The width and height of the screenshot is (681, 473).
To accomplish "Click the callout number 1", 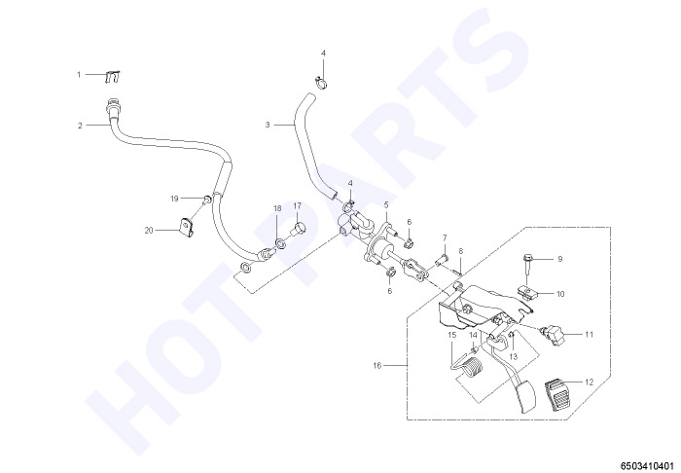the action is pyautogui.click(x=79, y=75).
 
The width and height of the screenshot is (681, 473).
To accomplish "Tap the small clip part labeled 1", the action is pyautogui.click(x=113, y=76).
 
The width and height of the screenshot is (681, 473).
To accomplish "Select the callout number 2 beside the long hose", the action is pyautogui.click(x=80, y=126).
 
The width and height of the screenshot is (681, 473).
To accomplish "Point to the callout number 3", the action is pyautogui.click(x=268, y=126).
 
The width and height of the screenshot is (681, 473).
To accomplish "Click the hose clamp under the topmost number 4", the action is pyautogui.click(x=320, y=81).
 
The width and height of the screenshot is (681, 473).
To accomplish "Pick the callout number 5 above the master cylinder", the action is pyautogui.click(x=386, y=203).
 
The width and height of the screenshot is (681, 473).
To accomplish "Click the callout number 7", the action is pyautogui.click(x=445, y=237).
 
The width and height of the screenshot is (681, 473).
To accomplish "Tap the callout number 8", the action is pyautogui.click(x=461, y=251).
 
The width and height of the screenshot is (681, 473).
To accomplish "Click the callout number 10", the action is pyautogui.click(x=560, y=294).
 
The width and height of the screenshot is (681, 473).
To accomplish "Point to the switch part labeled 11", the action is pyautogui.click(x=553, y=334).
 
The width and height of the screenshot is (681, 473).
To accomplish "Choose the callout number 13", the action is pyautogui.click(x=514, y=357).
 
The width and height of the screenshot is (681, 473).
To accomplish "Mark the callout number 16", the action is pyautogui.click(x=377, y=366).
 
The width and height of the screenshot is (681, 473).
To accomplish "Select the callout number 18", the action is pyautogui.click(x=277, y=208).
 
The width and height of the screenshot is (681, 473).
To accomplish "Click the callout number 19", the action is pyautogui.click(x=174, y=199).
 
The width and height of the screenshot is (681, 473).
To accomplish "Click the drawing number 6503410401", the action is pyautogui.click(x=650, y=465).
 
